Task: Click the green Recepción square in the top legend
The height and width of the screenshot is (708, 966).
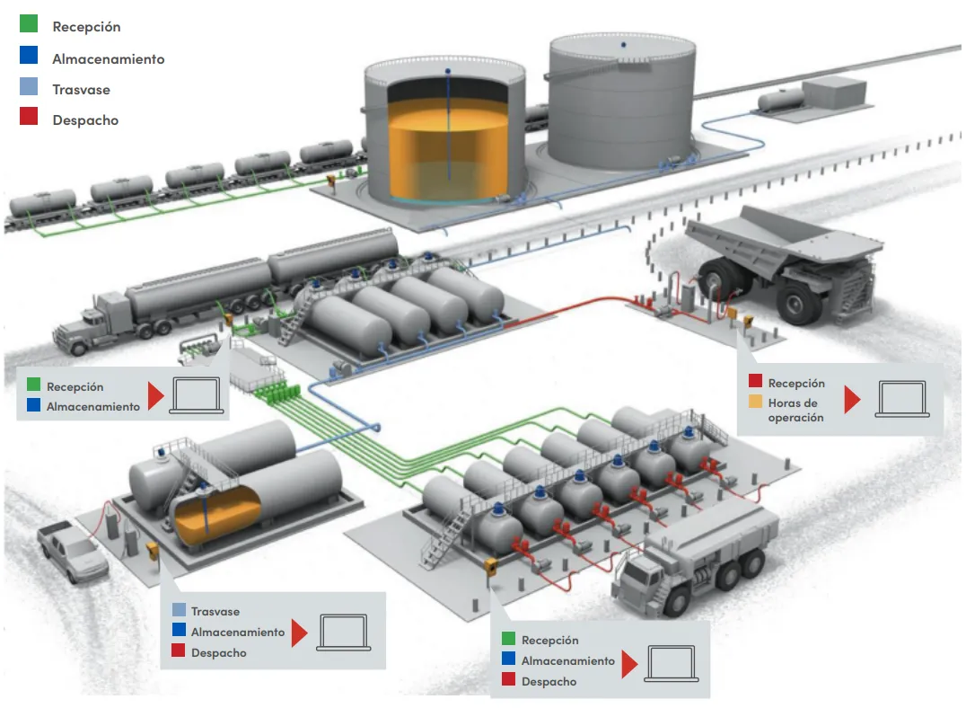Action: pyautogui.click(x=29, y=23)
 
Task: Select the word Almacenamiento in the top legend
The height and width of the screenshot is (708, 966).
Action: pyautogui.click(x=109, y=59)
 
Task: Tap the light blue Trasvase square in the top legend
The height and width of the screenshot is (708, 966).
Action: pyautogui.click(x=29, y=86)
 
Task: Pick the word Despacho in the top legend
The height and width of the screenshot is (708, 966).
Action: pyautogui.click(x=85, y=120)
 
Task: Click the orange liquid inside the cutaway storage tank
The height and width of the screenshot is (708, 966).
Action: pyautogui.click(x=448, y=151)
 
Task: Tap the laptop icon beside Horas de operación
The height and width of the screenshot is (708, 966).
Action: pyautogui.click(x=902, y=399)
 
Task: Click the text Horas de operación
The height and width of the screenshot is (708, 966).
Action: pyautogui.click(x=796, y=410)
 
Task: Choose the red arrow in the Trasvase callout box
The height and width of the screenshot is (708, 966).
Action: pyautogui.click(x=300, y=633)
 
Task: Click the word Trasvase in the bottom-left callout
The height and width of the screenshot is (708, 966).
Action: pyautogui.click(x=215, y=612)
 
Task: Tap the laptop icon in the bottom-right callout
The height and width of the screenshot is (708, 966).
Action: pyautogui.click(x=671, y=664)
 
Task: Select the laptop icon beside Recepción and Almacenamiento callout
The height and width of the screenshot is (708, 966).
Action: pyautogui.click(x=197, y=395)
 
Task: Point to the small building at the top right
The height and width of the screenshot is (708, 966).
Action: pyautogui.click(x=835, y=92)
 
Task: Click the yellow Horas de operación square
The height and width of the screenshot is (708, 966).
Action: pyautogui.click(x=755, y=402)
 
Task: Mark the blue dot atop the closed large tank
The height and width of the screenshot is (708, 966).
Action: pyautogui.click(x=623, y=44)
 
